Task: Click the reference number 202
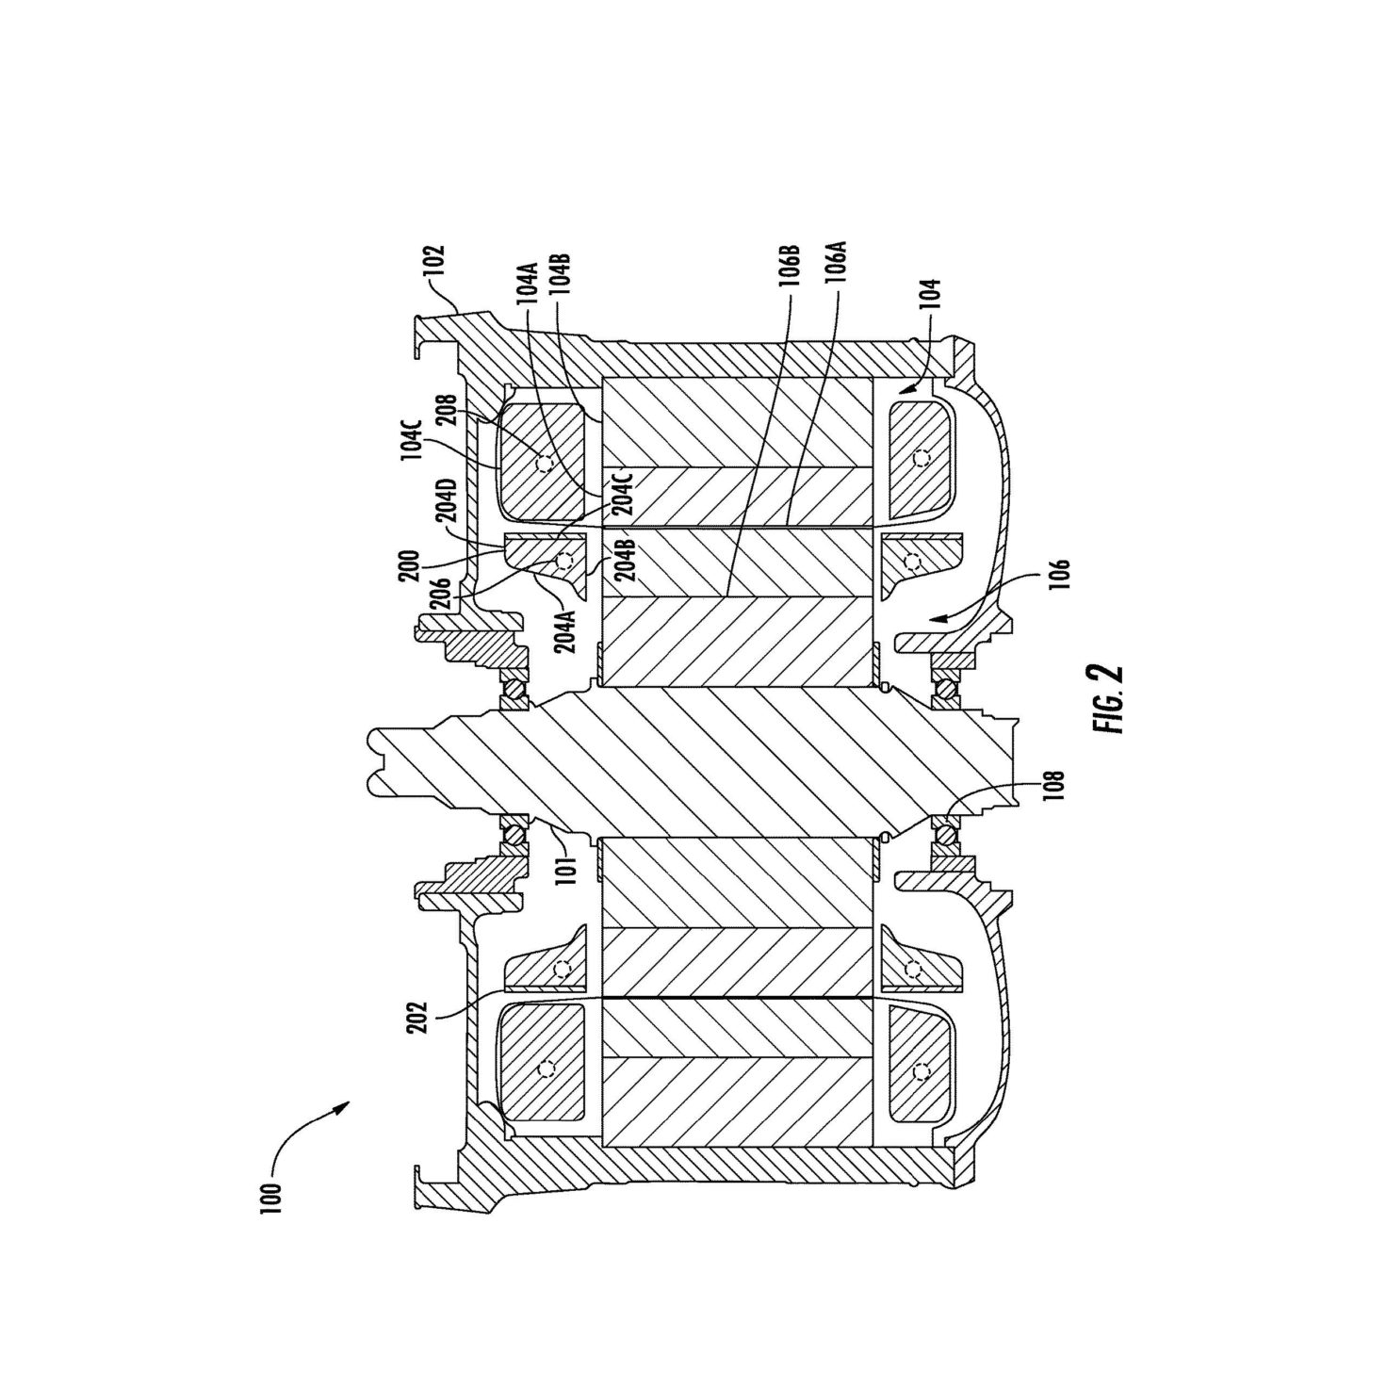[418, 1017]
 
